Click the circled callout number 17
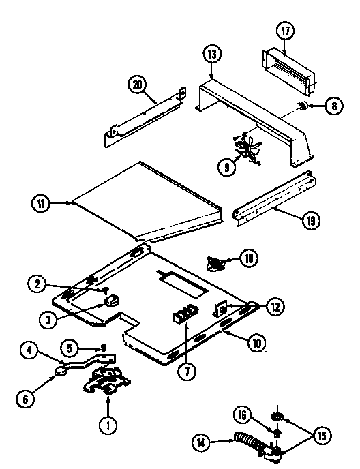(284, 31)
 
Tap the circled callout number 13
(212, 54)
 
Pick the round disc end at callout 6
(60, 372)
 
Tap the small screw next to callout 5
(103, 347)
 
